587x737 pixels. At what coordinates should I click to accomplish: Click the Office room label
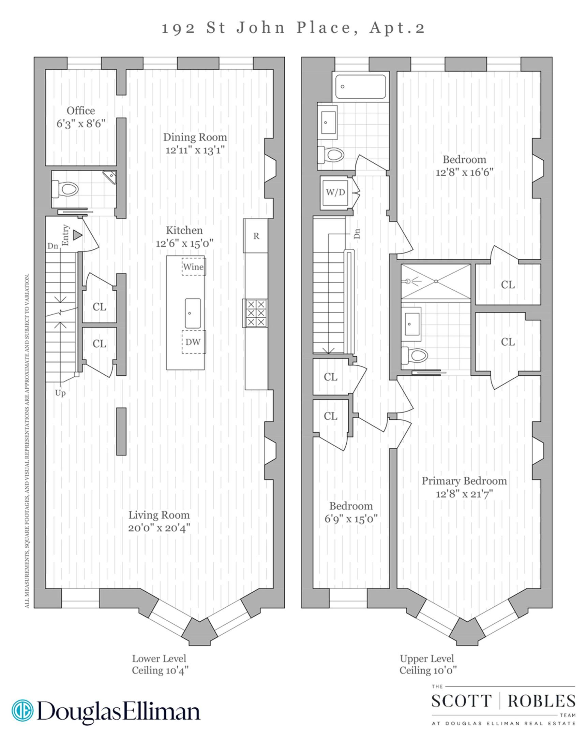pos(80,111)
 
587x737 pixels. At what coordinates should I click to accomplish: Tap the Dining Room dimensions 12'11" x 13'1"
pos(195,150)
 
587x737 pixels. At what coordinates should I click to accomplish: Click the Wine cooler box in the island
pos(193,266)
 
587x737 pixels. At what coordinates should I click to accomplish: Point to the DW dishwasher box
pos(193,342)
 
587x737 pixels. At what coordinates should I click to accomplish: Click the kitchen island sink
pos(193,313)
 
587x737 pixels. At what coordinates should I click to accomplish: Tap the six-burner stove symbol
pos(255,313)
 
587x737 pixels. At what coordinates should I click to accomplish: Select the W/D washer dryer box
pos(335,192)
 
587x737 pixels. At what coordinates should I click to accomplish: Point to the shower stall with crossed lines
pos(436,281)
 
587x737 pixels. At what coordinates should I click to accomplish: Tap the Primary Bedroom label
pos(464,481)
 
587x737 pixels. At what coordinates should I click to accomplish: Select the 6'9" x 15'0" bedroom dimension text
pos(351,519)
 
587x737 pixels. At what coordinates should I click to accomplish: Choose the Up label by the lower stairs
pos(60,393)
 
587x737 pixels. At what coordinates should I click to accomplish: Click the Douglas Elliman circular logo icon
pos(22,710)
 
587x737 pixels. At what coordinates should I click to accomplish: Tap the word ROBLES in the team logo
pos(541,702)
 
